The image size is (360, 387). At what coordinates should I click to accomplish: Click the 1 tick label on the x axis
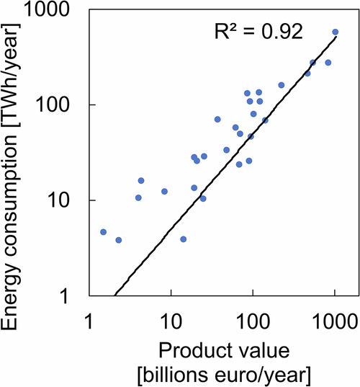point(89,318)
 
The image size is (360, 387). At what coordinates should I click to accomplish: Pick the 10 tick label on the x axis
point(171,318)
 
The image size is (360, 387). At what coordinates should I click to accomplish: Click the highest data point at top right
point(335,32)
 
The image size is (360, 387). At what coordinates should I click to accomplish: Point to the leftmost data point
point(104,232)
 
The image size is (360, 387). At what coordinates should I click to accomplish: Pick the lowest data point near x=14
point(183,239)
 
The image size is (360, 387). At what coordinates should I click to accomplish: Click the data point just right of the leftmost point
point(119,240)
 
